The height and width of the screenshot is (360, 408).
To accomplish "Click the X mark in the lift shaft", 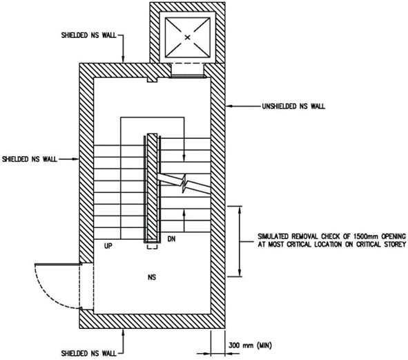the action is pyautogui.click(x=187, y=37).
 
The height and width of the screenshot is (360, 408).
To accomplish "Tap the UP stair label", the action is pyautogui.click(x=108, y=246).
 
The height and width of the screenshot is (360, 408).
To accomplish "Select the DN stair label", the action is pyautogui.click(x=171, y=238).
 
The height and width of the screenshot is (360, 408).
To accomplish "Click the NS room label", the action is pyautogui.click(x=152, y=277).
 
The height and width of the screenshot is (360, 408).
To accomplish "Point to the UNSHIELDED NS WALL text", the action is pyautogui.click(x=293, y=106).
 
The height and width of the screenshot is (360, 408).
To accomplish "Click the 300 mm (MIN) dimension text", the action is pyautogui.click(x=250, y=345).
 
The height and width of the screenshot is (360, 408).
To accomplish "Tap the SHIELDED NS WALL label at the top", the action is pyautogui.click(x=89, y=35).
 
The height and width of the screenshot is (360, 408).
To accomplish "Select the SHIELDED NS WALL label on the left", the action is pyautogui.click(x=30, y=159).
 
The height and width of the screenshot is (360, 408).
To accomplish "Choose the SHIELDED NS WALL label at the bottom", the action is pyautogui.click(x=89, y=354).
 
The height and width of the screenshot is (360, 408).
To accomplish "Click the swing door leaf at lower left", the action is pyautogui.click(x=58, y=264).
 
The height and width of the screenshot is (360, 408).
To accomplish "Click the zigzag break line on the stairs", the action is pyautogui.click(x=184, y=183).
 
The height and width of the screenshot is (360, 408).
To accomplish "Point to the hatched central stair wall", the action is pyautogui.click(x=152, y=188).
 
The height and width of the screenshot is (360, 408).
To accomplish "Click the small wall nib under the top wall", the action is pyautogui.click(x=152, y=79).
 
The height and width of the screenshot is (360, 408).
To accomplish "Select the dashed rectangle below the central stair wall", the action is pyautogui.click(x=152, y=246).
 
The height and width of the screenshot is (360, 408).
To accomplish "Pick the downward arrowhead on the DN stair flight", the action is pyautogui.click(x=184, y=158).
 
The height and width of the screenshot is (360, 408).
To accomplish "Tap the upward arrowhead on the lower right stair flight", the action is pyautogui.click(x=184, y=213).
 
